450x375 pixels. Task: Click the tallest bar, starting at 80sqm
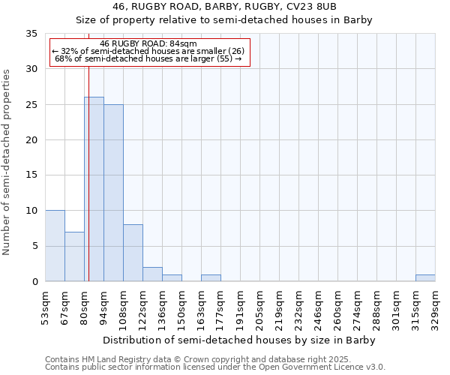[x=94, y=189]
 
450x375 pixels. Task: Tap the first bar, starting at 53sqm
[x=55, y=246]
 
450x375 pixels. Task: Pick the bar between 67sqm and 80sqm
[x=74, y=256]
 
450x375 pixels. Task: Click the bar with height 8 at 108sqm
[x=133, y=253]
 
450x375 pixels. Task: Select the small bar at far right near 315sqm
[x=425, y=277]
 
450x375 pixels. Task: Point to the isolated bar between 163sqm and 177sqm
[x=211, y=277]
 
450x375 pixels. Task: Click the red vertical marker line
[x=88, y=187]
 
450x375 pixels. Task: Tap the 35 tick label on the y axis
[x=31, y=34]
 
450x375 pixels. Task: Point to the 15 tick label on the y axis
[x=31, y=175]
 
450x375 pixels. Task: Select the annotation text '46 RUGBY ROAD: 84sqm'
[x=148, y=44]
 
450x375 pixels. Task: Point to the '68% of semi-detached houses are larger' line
[x=148, y=58]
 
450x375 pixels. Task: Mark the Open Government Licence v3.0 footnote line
[x=215, y=367]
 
